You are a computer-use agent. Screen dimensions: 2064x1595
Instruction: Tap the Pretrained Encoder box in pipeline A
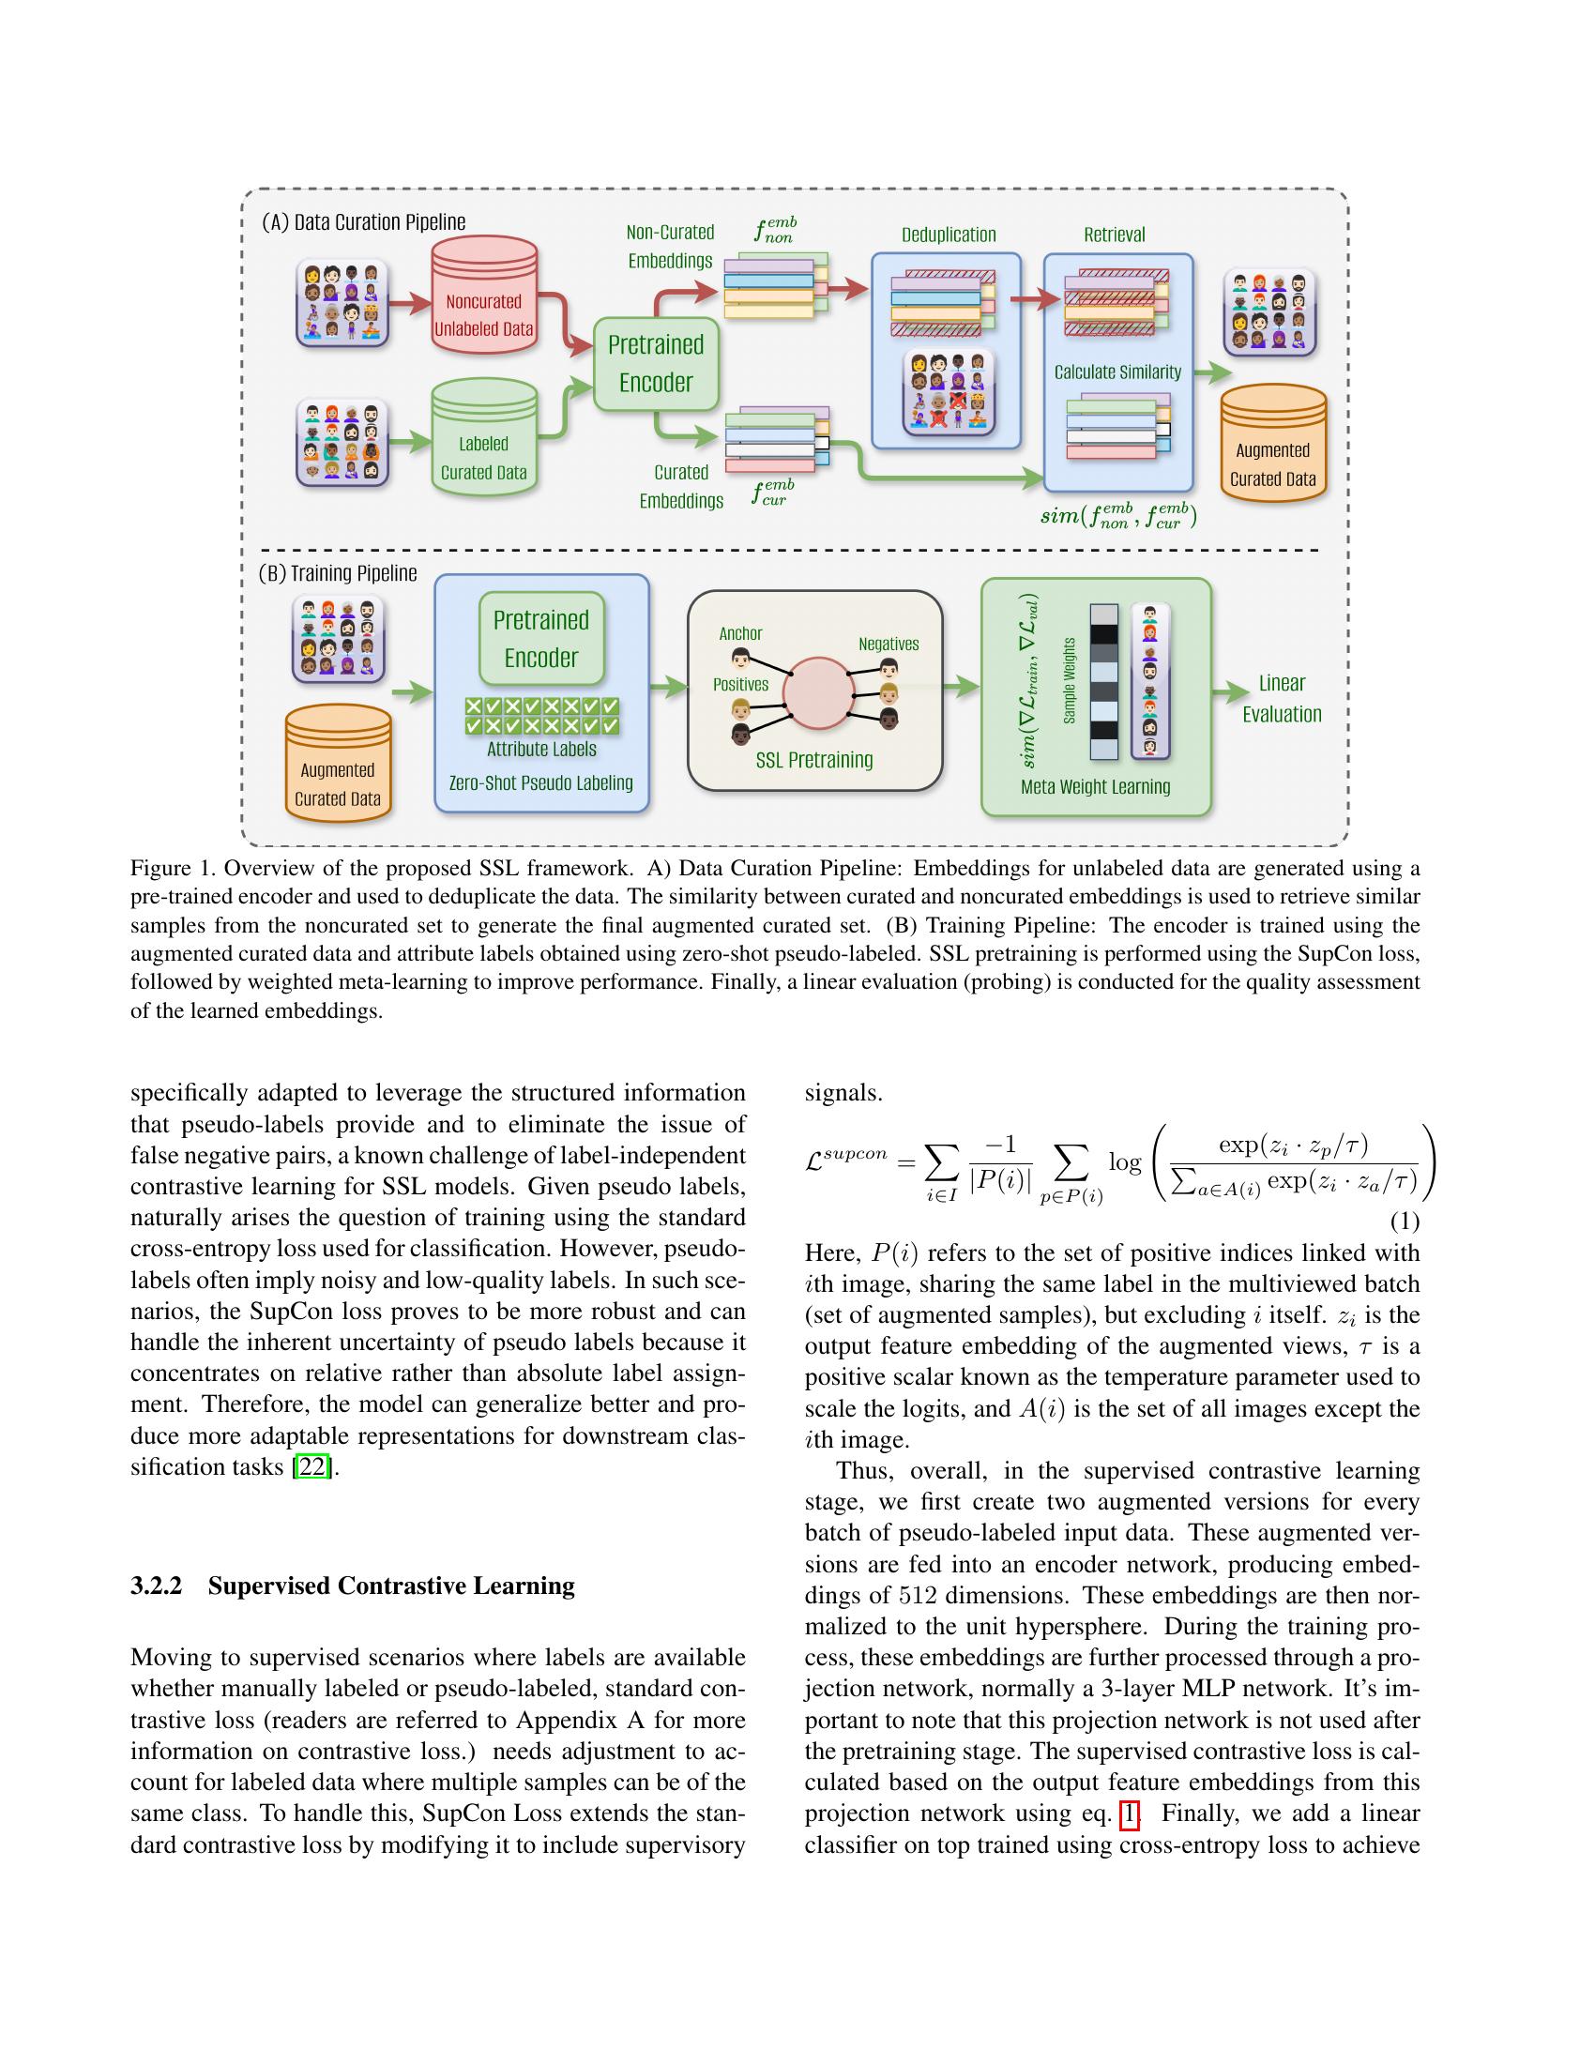(656, 364)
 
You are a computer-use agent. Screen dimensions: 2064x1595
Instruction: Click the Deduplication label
(948, 235)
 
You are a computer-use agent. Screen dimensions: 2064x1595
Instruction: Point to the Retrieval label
(1114, 235)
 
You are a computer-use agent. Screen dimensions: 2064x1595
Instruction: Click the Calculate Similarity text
(1117, 372)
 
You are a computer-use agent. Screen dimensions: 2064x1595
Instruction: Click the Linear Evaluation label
(1282, 698)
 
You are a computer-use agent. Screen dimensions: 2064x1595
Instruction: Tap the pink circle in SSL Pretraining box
(818, 692)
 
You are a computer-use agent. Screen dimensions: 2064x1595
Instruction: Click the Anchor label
(740, 633)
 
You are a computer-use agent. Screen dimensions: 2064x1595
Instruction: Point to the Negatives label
(889, 644)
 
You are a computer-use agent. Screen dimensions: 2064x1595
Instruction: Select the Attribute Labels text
(541, 750)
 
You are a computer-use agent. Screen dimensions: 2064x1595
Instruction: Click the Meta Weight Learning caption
(1095, 786)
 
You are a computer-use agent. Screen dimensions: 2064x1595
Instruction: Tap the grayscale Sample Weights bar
(1103, 681)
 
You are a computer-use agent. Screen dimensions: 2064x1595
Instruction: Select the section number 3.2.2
(156, 1586)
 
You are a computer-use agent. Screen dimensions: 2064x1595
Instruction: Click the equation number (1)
(1405, 1222)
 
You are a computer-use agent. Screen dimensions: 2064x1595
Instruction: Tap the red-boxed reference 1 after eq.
(1128, 1814)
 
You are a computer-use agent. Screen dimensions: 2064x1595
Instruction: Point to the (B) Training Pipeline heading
(338, 573)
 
